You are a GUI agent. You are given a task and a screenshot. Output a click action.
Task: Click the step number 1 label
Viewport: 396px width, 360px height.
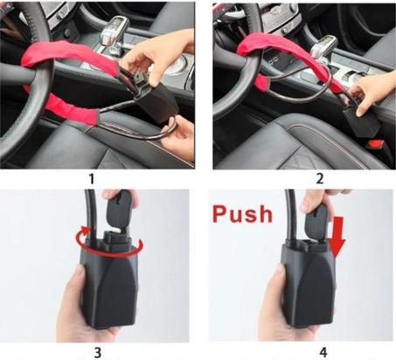(x=92, y=179)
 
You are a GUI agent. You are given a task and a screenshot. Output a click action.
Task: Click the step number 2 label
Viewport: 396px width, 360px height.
(x=320, y=179)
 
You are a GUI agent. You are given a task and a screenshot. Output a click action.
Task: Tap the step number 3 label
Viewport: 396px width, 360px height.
(x=97, y=353)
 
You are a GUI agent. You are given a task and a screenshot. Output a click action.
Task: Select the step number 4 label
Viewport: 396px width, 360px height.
(x=323, y=353)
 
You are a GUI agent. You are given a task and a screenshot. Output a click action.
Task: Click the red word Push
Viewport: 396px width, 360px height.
(x=242, y=214)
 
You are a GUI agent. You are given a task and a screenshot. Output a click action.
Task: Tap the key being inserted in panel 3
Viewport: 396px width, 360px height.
(x=119, y=211)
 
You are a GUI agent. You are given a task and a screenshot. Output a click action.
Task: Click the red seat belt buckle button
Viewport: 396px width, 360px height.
(x=376, y=143)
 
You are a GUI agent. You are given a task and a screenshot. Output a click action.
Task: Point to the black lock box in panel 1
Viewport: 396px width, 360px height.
(x=155, y=102)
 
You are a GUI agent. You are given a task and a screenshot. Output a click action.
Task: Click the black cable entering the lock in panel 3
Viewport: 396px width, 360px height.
(x=89, y=216)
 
